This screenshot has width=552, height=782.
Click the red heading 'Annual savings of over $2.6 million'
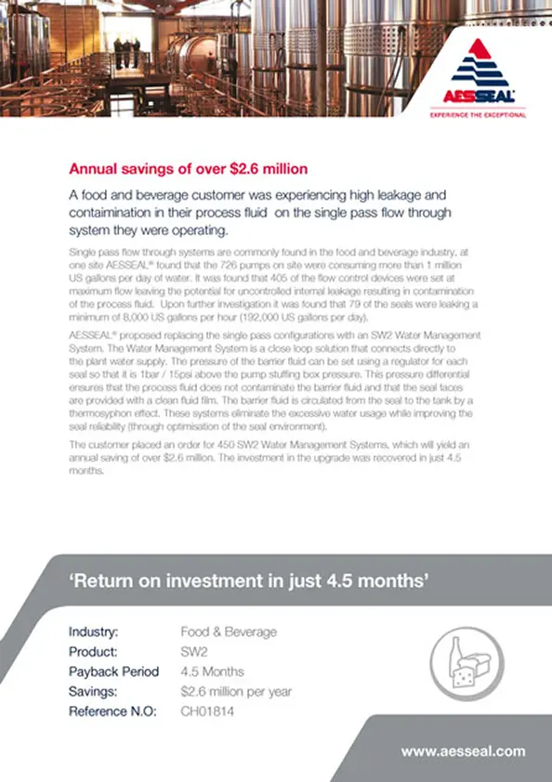[x=189, y=169]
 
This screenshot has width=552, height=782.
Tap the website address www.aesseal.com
[x=463, y=751]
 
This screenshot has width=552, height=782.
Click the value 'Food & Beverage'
[x=229, y=632]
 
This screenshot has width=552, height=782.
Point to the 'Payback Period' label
[x=113, y=671]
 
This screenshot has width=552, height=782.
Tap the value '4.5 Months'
[x=213, y=671]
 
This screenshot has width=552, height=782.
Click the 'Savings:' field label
[x=94, y=692]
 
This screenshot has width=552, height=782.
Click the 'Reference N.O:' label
[x=112, y=711]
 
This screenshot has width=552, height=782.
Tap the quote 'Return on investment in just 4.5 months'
[x=249, y=582]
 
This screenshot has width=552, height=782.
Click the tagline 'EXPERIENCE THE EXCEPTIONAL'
[x=478, y=115]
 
